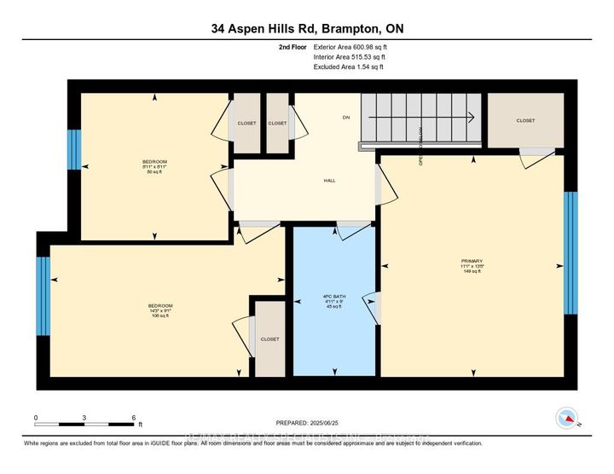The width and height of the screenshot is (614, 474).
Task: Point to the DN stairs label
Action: (345, 118)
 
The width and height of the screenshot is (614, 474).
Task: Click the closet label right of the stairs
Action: (525, 120)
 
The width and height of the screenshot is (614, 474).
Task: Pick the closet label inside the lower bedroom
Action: (269, 338)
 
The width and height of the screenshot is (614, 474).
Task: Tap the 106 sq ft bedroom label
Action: (161, 310)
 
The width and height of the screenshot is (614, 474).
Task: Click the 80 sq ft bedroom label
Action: (154, 166)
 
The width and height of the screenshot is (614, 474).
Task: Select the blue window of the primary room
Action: (571, 252)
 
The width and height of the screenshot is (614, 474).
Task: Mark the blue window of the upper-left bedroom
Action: (74, 153)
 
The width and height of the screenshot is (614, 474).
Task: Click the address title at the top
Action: (307, 29)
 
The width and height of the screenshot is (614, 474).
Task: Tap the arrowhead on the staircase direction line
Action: (470, 118)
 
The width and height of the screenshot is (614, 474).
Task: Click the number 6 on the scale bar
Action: (134, 418)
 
